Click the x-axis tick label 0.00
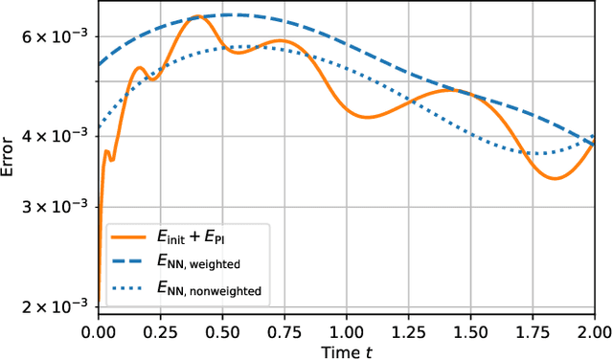point(98,330)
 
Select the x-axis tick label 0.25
point(160,330)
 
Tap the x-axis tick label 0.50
point(222,330)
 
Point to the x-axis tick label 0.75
point(284,330)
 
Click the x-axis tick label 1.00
point(347,330)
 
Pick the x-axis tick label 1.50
point(470,330)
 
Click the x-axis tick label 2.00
point(594,330)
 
